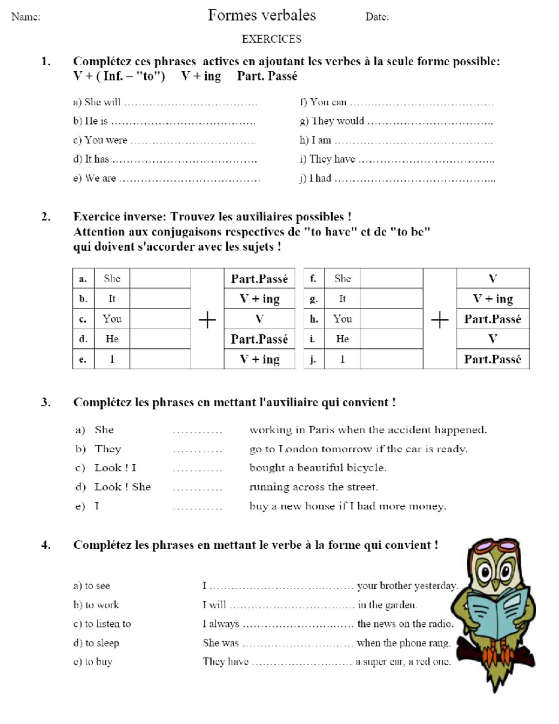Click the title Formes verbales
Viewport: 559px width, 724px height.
click(x=262, y=15)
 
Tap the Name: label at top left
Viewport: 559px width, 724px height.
click(x=26, y=17)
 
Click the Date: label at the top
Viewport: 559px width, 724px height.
click(x=377, y=17)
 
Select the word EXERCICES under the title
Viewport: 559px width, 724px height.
click(x=271, y=39)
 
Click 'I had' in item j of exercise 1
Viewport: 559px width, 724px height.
click(x=320, y=178)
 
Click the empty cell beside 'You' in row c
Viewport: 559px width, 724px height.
click(x=160, y=319)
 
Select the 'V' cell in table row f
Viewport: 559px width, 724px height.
click(x=492, y=279)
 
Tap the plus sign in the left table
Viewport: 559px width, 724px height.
click(x=207, y=320)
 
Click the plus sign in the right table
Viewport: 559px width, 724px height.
click(x=439, y=320)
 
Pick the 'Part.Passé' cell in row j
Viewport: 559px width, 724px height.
click(x=492, y=359)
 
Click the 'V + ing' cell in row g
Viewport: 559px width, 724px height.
click(x=492, y=299)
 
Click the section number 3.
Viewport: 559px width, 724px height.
click(x=45, y=402)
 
